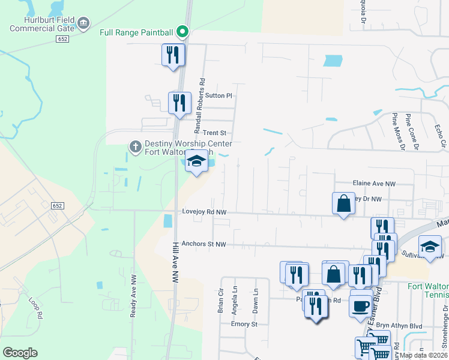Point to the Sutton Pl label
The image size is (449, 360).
point(218,95)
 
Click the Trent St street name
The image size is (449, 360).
point(214,133)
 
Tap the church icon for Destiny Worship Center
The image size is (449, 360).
point(136,146)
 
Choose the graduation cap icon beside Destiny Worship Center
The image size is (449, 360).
point(196,161)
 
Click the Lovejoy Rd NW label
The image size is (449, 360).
point(204,212)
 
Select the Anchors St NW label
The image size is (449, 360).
point(203,244)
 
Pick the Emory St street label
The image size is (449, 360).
point(244,324)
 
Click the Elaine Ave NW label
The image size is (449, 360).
point(373,184)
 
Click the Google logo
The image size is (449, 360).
point(20,353)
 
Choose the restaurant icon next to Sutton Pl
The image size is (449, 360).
point(179,103)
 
